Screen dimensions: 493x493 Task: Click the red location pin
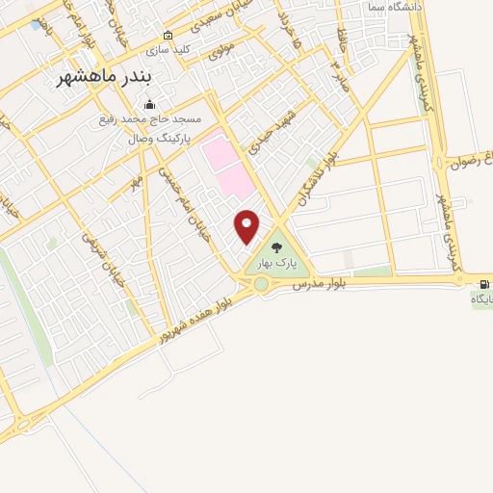247,225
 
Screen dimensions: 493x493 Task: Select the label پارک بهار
277,261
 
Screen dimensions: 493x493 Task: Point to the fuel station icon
482,283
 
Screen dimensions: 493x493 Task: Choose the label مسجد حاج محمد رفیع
148,120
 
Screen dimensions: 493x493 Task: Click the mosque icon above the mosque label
148,105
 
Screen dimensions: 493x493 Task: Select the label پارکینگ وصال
160,139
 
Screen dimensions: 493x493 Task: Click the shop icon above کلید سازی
168,35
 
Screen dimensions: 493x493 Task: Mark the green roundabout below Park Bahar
260,284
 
